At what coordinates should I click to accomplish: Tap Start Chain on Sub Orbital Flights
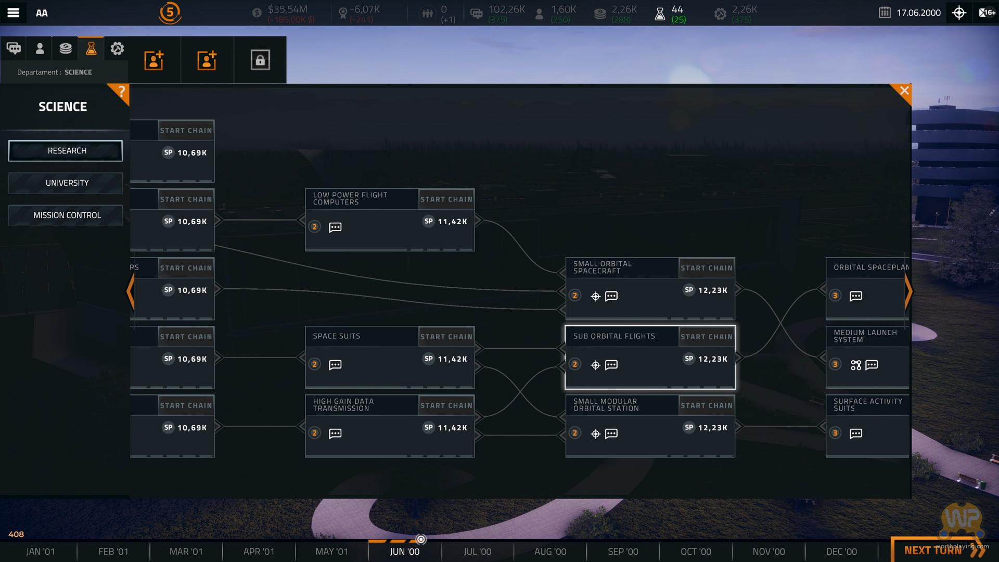707,337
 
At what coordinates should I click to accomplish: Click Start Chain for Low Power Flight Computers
446,199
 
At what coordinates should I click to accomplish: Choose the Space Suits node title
337,336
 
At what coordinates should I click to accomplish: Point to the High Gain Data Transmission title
343,405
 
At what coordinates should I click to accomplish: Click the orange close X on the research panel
904,91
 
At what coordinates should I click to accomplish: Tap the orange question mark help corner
121,92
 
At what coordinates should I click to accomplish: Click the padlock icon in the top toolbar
260,60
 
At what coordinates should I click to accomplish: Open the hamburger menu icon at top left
14,13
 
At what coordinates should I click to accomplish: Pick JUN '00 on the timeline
404,552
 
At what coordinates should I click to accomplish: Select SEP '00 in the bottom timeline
623,552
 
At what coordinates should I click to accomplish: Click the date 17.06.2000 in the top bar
918,13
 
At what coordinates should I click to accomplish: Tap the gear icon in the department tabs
117,49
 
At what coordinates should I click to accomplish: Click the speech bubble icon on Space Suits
335,365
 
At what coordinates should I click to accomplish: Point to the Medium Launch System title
865,336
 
